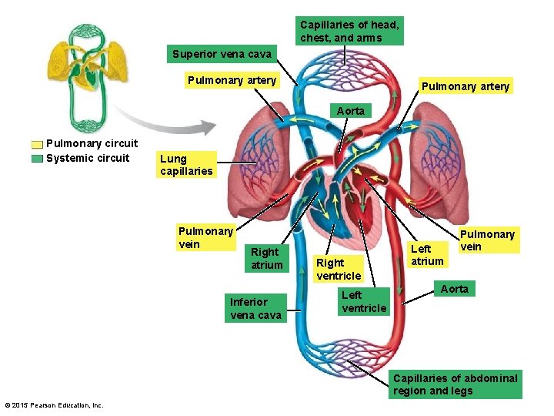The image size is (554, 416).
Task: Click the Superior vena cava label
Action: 222,55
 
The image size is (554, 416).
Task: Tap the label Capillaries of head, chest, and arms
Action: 349,31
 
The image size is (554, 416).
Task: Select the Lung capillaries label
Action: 185,165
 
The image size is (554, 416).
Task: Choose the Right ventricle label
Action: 338,269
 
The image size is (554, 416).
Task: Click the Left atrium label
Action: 427,255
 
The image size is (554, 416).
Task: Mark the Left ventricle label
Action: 363,301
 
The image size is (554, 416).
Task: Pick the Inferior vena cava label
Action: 255,308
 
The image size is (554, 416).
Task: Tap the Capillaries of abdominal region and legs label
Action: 455,384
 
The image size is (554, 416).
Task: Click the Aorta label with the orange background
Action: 351,111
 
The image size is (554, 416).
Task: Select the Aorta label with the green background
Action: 454,289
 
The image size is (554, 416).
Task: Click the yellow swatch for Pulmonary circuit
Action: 37,144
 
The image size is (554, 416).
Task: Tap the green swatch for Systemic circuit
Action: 37,159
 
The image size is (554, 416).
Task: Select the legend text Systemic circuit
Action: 88,159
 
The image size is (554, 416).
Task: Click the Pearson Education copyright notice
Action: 53,405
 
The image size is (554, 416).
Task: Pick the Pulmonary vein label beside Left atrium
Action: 487,240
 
